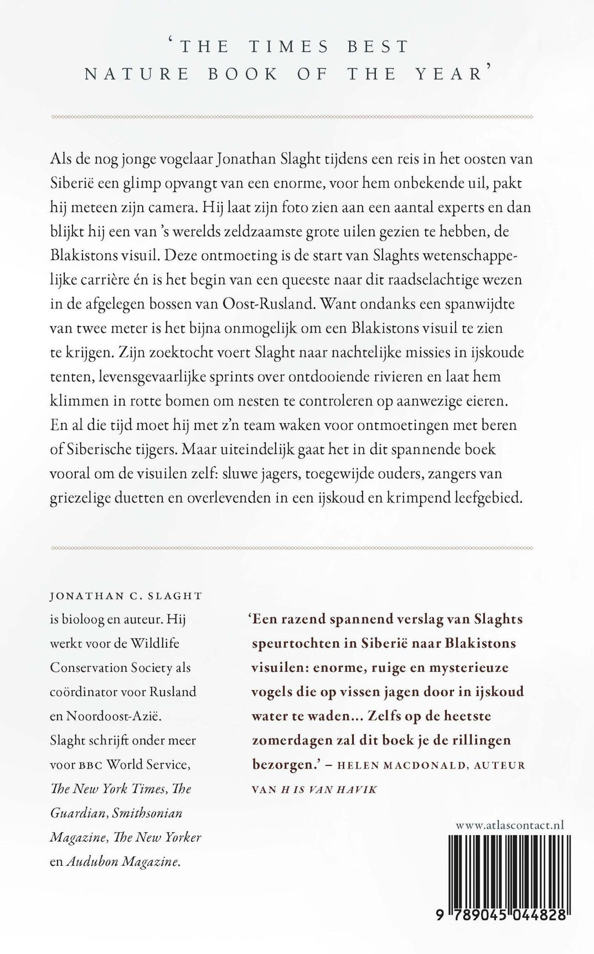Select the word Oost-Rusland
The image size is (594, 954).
333,303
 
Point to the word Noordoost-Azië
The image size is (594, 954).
113,715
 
